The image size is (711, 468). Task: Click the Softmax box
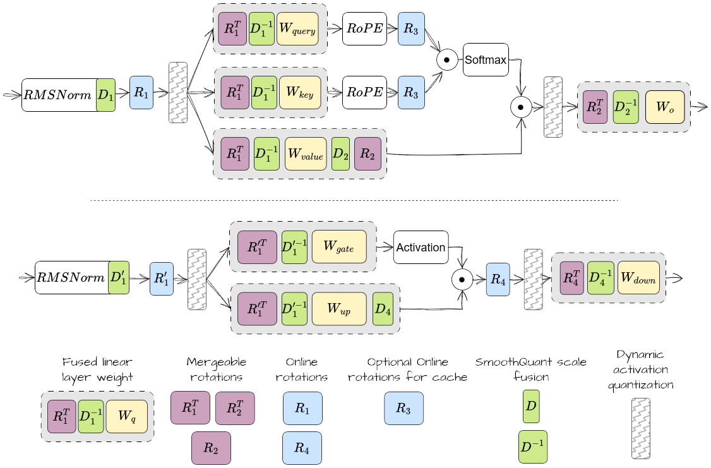coord(486,60)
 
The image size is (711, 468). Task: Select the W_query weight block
coord(300,29)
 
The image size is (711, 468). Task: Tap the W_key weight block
coord(300,92)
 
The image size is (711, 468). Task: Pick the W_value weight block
coord(306,153)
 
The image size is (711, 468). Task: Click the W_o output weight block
coord(665,107)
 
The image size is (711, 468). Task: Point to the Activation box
coord(421,247)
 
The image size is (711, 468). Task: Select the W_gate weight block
coord(340,247)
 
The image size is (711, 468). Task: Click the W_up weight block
coord(338,309)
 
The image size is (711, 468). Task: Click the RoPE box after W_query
coord(364,29)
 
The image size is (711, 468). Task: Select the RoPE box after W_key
coord(364,92)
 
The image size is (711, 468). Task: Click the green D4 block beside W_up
coord(382,309)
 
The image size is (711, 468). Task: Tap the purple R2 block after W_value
coord(367,153)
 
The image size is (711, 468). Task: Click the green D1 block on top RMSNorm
coord(105,95)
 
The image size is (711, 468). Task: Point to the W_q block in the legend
coord(127,416)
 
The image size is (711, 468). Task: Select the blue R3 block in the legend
coord(403,408)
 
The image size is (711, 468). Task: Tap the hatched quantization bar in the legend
coord(640,428)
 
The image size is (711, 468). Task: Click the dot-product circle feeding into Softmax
coord(446,61)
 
